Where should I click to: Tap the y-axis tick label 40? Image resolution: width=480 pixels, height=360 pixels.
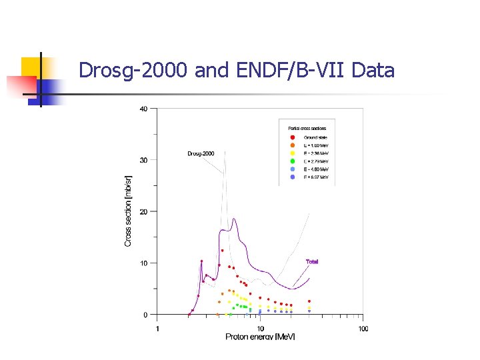144,109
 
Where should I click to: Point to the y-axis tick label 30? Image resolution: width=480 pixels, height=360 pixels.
144,160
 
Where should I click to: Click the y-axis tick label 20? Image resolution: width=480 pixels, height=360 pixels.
144,211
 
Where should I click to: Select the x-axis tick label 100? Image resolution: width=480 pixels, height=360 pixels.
363,328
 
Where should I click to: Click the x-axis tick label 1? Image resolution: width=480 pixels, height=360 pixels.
157,328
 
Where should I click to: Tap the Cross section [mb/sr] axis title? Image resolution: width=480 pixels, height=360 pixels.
129,211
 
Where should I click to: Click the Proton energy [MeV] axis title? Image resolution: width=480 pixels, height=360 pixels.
260,337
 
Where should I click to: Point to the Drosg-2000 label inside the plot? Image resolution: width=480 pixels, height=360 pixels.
201,153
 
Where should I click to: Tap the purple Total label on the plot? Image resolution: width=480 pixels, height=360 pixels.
312,261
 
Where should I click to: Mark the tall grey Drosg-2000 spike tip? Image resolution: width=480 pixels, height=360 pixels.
225,151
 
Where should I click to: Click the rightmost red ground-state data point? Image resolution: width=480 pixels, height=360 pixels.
309,301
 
